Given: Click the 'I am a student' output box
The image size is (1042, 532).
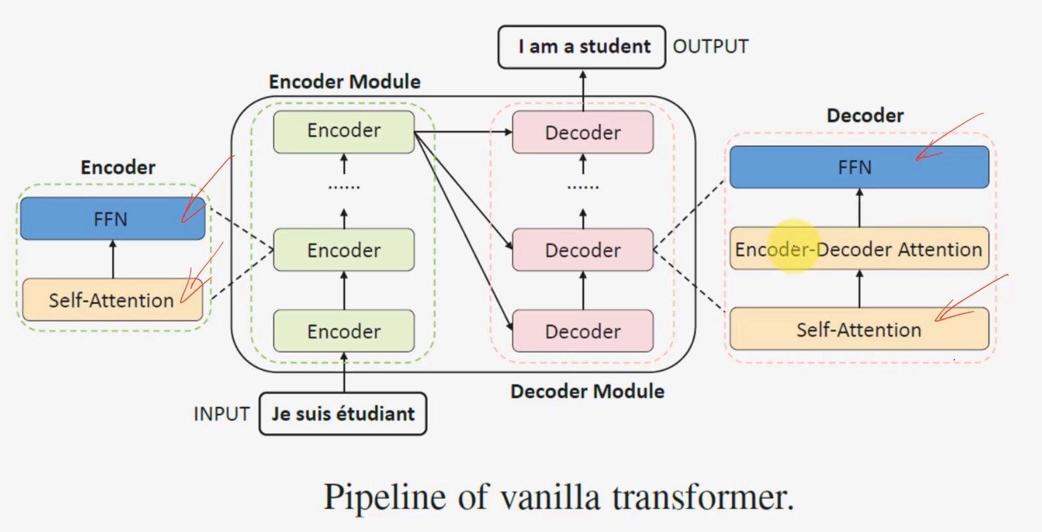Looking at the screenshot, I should pos(582,47).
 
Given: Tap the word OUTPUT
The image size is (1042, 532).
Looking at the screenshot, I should pos(710,47).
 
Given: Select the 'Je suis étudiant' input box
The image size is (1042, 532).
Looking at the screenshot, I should pos(342,413).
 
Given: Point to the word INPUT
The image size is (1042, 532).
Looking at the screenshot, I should pos(221,414).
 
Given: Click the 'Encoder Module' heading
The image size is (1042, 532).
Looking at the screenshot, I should pos(344,82).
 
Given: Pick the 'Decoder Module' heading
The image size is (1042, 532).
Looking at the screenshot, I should pos(587,391).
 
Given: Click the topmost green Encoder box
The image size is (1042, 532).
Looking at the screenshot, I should pos(344,131).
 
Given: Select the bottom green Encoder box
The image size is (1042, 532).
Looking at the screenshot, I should pos(344,331).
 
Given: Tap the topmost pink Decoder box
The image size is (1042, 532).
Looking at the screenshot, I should pos(583,133).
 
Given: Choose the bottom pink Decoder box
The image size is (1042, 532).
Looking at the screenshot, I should pos(583,331).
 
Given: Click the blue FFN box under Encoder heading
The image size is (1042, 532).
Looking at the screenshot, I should pos(112,219).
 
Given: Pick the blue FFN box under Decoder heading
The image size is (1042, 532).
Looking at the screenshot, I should pos(858,167).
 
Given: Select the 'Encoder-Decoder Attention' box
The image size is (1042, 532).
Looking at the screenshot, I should pos(858,250).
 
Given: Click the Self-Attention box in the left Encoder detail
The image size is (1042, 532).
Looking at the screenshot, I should pos(112,300).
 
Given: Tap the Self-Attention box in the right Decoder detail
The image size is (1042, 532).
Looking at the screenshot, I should pos(858,329).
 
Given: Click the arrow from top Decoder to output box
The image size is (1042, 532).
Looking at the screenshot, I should pos(583,90).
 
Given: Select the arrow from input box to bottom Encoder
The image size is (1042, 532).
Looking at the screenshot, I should pos(344,373).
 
